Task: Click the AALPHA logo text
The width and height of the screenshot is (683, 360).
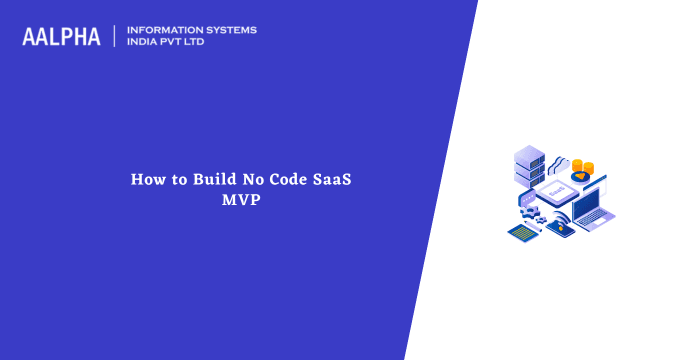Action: (61, 37)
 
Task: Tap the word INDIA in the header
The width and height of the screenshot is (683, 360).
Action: (146, 43)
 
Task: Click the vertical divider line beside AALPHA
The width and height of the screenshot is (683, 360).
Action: (115, 37)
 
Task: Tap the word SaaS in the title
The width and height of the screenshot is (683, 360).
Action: (335, 180)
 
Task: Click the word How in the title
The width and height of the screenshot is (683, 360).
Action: (146, 180)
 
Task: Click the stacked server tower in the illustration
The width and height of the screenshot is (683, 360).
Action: (529, 166)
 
